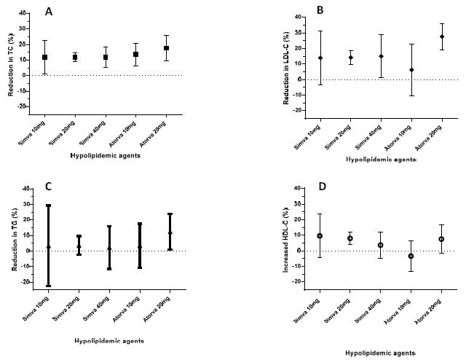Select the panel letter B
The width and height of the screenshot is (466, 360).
tap(320, 9)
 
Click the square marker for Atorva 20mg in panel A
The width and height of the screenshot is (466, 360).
tap(167, 48)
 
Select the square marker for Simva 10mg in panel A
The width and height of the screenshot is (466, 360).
tap(45, 57)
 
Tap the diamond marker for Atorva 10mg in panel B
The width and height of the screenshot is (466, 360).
tap(411, 70)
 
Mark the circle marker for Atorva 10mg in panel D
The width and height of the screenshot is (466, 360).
tap(411, 256)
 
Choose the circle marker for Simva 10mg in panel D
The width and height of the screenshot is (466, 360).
tap(320, 236)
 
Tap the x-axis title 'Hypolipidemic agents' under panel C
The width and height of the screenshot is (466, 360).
tap(108, 340)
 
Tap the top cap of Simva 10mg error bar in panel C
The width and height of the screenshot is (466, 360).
tap(48, 206)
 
